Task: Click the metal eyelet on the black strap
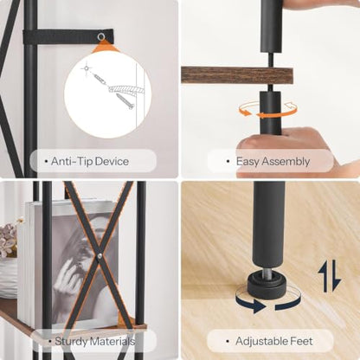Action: point(101,36)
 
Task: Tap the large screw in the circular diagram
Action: point(125,101)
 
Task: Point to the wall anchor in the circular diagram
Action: point(100,79)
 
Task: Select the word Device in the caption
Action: point(112,161)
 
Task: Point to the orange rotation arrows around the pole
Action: point(268,109)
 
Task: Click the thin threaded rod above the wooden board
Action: point(271,60)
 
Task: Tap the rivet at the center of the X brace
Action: point(100,255)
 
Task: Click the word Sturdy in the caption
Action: point(71,342)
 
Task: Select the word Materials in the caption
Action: point(112,341)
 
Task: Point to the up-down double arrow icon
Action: point(330,276)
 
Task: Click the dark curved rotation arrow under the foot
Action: point(268,303)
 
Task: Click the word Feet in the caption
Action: point(303,341)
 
